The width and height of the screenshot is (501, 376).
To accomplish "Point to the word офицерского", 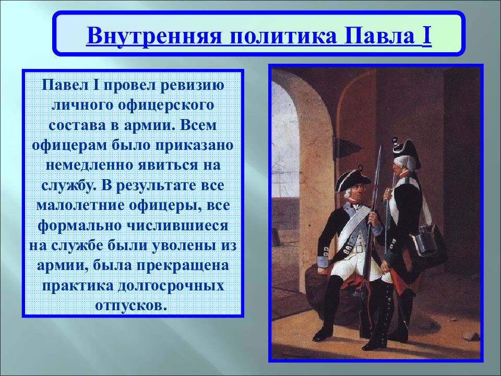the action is [165, 105].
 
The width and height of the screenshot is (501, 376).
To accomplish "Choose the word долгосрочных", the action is [171, 286].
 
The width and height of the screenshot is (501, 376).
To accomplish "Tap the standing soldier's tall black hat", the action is [407, 150].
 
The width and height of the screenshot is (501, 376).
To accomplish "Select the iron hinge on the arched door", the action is [347, 148].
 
